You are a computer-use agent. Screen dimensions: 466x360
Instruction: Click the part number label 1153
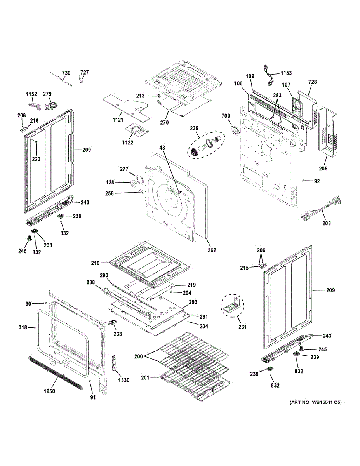[x=286, y=73]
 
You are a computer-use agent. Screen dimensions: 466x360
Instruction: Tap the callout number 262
[x=212, y=250]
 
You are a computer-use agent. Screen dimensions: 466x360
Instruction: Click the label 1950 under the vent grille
[x=49, y=391]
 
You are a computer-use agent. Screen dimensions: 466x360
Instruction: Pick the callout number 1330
[x=124, y=380]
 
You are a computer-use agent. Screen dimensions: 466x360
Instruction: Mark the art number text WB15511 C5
[x=315, y=403]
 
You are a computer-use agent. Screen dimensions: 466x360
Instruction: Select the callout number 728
[x=312, y=82]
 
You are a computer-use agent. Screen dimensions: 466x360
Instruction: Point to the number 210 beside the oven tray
[x=96, y=263]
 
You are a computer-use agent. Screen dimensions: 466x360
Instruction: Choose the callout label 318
[x=23, y=328]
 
